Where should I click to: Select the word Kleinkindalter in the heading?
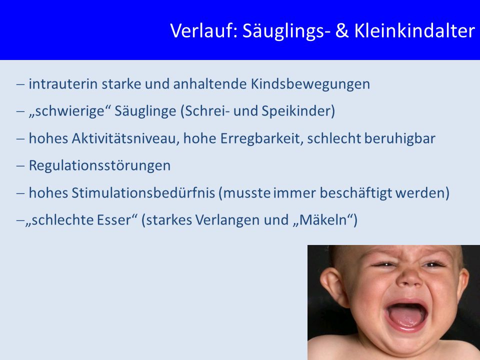414,31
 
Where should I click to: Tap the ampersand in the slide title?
342,31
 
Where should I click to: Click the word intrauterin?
63,84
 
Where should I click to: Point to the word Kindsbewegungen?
310,84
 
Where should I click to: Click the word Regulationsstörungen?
99,166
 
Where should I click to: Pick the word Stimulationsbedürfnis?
143,193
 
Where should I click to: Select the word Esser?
114,220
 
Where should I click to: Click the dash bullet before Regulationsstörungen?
20,166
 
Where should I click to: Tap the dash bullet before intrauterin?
20,84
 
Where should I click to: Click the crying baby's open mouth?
406,315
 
